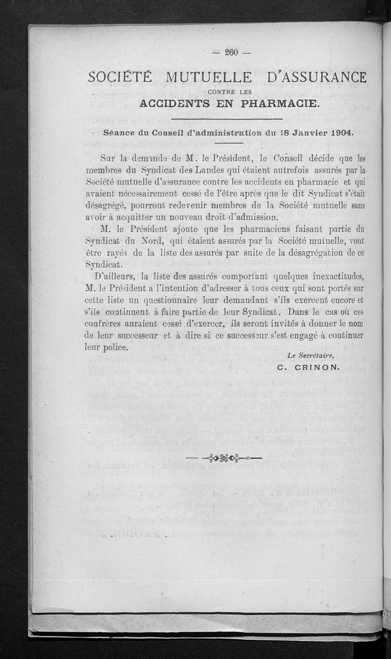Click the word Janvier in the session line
tap(303, 133)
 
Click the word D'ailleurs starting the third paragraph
tap(118, 276)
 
